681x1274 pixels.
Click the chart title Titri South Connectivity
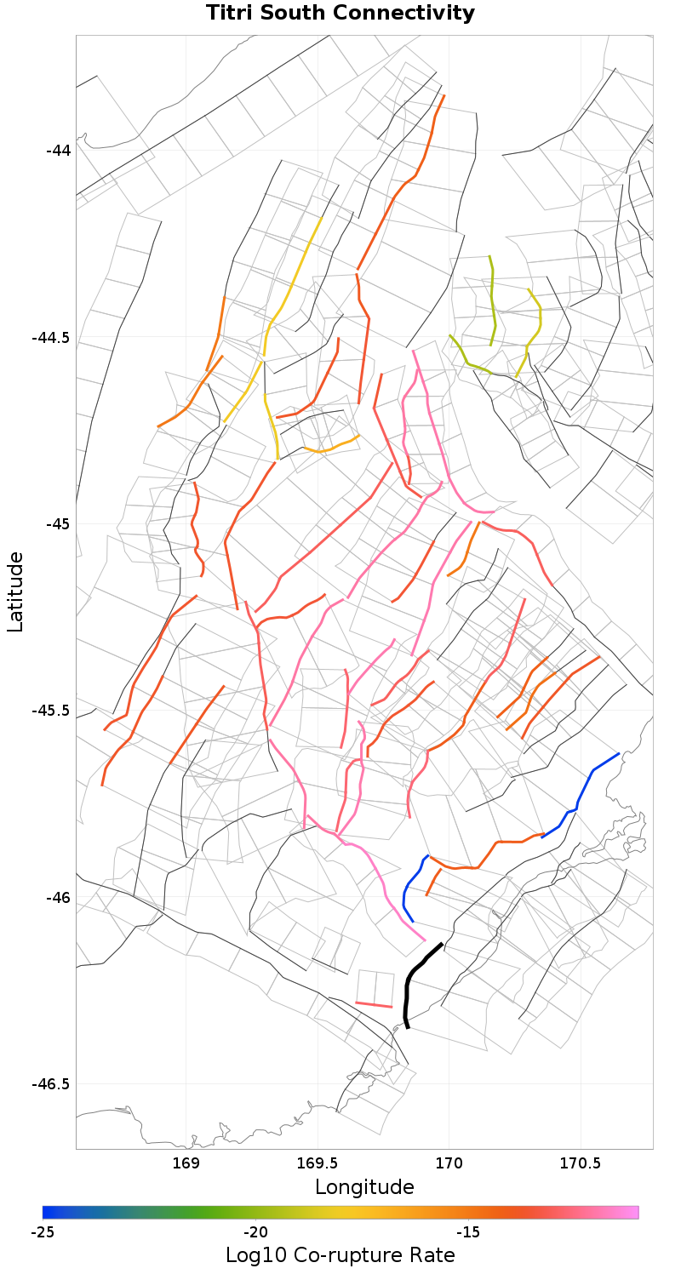coord(340,14)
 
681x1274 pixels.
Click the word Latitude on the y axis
coord(15,591)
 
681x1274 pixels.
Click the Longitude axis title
coord(364,1186)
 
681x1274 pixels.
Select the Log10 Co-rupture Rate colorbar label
coord(340,1254)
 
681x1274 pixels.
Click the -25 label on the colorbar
coord(43,1232)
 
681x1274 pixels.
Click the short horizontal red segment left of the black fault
coord(374,1005)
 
